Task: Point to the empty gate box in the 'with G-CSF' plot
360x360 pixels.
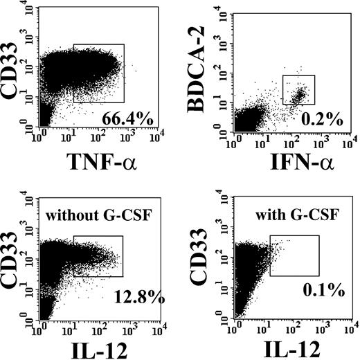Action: tap(294, 255)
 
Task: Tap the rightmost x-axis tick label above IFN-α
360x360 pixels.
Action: tap(352, 135)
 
